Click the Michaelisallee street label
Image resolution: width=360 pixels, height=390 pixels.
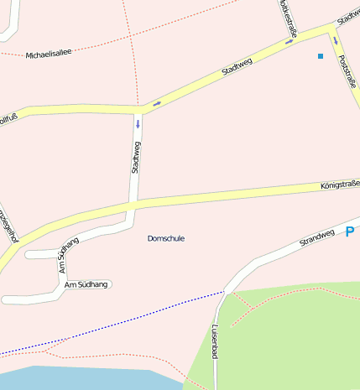point(49,53)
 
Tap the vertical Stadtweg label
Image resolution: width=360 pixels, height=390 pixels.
point(136,158)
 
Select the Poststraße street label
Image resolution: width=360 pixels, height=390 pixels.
point(346,73)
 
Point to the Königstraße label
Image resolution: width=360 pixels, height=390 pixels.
point(339,185)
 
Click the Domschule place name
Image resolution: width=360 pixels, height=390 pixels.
point(165,239)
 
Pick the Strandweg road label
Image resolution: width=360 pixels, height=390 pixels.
point(317,238)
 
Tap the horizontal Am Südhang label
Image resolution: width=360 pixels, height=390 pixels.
point(86,285)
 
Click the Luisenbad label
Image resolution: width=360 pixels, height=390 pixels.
point(215,341)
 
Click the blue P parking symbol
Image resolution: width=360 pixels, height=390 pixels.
point(350,231)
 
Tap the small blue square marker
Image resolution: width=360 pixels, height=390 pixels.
point(320,56)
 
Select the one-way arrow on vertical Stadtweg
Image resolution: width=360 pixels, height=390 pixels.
point(138,124)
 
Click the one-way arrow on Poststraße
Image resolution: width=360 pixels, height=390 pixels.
point(335,39)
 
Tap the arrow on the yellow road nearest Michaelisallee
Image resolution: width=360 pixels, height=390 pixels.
point(157,103)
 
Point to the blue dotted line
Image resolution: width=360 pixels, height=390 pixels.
point(126,323)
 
